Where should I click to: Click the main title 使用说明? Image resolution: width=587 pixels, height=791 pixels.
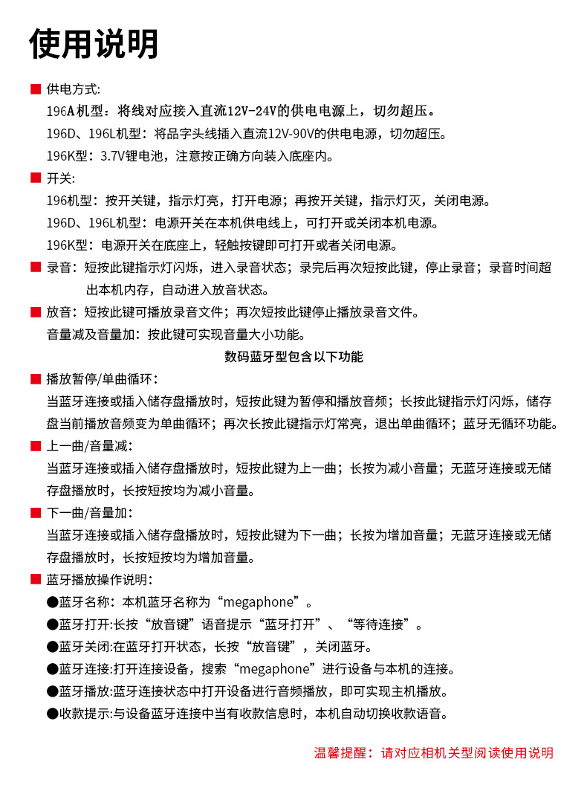[94, 44]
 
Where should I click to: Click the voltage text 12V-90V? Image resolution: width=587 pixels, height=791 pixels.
[289, 134]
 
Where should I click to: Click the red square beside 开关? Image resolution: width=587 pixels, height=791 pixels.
[35, 178]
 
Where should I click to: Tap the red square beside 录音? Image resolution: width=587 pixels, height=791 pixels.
[35, 268]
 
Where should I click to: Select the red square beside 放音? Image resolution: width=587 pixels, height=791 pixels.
[35, 312]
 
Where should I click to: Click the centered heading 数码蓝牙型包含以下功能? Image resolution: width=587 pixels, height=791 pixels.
[293, 357]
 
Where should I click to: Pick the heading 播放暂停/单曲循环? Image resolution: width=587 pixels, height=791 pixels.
[102, 379]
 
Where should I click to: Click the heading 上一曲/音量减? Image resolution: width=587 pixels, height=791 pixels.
[89, 446]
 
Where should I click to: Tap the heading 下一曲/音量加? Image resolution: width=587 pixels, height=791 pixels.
[89, 513]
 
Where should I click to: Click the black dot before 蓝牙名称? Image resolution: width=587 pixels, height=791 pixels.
[52, 602]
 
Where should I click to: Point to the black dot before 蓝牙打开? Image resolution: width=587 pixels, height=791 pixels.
[52, 624]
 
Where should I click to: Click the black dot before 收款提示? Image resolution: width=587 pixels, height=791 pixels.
[52, 714]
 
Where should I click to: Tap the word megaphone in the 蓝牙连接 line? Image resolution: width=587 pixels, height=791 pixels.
[277, 669]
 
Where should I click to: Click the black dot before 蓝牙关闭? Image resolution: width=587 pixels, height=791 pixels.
[52, 647]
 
